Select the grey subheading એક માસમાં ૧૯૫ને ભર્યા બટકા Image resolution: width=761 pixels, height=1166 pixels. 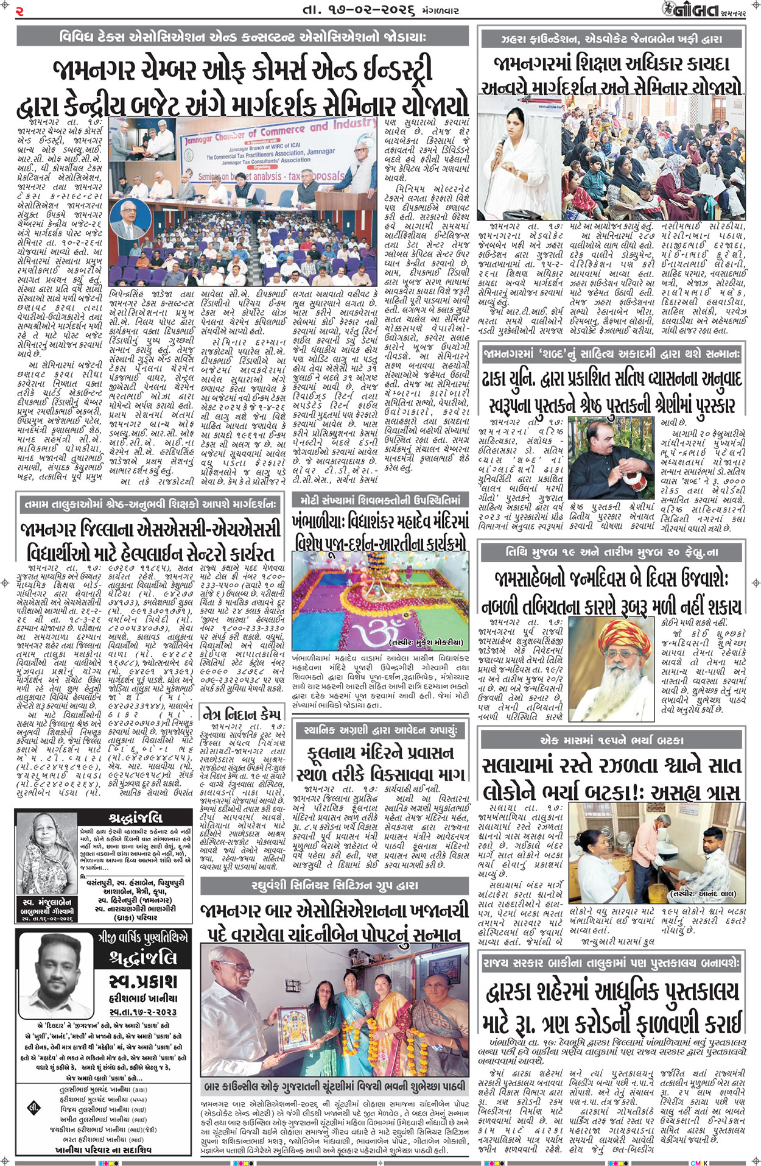pyautogui.click(x=611, y=740)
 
